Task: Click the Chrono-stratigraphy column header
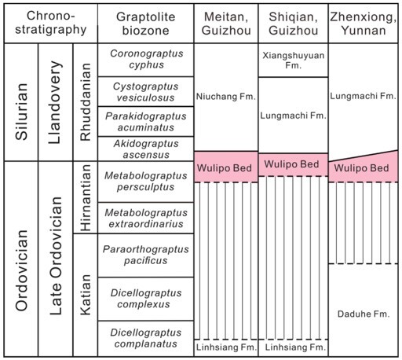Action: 51,23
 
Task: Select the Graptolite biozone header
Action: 146,24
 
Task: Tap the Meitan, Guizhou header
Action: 226,24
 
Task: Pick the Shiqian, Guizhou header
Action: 294,24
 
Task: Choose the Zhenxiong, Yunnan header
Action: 364,24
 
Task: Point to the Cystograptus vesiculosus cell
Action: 145,92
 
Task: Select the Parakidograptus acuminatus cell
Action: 146,122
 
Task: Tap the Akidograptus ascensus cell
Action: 146,149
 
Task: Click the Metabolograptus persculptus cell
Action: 146,181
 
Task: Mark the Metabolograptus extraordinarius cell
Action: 146,218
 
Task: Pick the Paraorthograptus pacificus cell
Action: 145,255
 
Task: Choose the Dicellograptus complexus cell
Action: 146,299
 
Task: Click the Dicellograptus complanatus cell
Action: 146,338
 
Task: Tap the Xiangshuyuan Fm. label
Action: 294,61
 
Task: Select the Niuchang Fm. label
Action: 226,97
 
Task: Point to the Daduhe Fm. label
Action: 364,314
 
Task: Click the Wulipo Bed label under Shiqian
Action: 291,164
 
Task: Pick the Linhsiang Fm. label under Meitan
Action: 226,347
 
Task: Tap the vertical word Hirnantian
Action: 86,197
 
